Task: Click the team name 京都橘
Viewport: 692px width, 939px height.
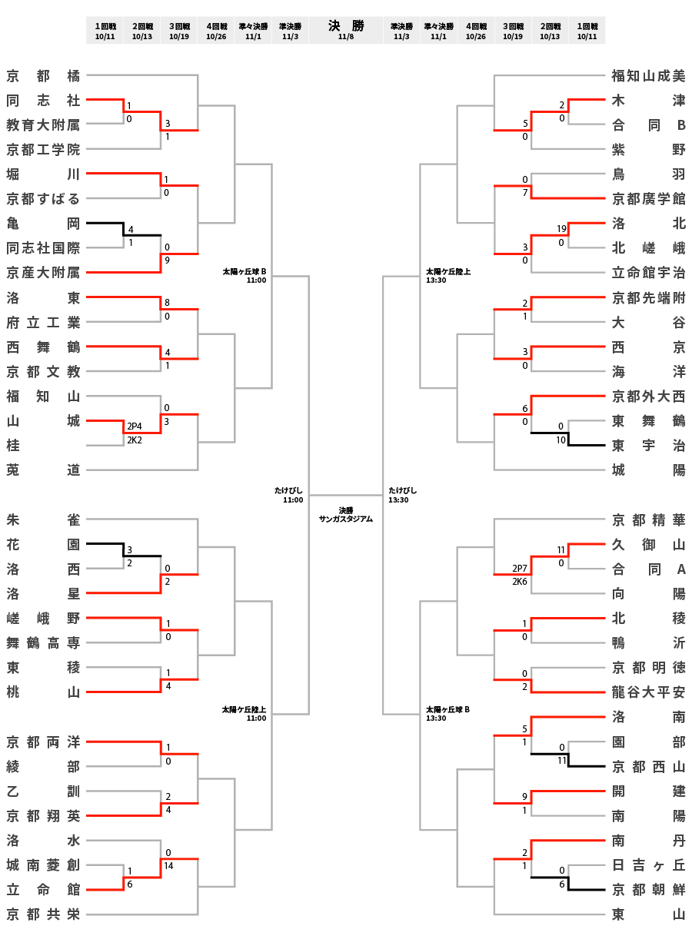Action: [43, 75]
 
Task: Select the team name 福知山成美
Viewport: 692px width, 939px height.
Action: [648, 75]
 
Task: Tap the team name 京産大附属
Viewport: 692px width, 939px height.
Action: [43, 272]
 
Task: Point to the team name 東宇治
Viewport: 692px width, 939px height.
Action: [648, 445]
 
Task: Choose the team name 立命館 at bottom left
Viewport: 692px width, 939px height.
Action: [43, 889]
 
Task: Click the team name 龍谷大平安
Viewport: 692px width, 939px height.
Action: [648, 692]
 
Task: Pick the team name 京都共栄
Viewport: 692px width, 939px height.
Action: [43, 914]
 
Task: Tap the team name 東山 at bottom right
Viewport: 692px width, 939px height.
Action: [648, 914]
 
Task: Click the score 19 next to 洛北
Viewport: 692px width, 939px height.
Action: [561, 229]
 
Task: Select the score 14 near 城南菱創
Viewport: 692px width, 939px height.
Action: [169, 865]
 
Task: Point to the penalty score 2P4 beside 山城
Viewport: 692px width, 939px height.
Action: [135, 426]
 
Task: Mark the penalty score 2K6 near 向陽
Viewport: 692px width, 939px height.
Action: [520, 582]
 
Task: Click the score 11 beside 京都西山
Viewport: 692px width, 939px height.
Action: [561, 760]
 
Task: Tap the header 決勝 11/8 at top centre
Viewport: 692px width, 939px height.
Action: [346, 30]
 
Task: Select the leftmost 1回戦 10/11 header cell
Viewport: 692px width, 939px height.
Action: [105, 30]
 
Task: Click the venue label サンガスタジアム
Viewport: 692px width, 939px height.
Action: [346, 519]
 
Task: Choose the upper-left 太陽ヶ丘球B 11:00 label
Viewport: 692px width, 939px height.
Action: [245, 275]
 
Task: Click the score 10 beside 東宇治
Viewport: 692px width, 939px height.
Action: [561, 440]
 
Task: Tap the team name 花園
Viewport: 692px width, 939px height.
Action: [43, 544]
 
